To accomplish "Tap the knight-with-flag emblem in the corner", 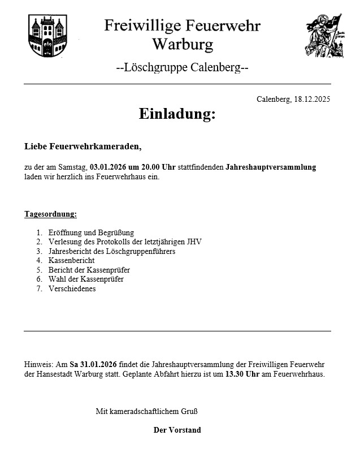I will point(323,35).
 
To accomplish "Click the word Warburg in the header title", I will point(183,44).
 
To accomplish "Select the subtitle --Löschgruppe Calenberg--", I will point(182,68).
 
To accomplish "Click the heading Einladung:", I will point(177,114).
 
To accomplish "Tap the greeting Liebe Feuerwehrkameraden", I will point(83,146).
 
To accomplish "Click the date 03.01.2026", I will point(107,167).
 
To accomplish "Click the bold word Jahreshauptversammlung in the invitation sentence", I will point(271,167).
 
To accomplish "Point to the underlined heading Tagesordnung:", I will point(50,214).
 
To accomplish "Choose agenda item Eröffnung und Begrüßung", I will point(91,232).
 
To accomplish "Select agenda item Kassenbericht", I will point(71,261).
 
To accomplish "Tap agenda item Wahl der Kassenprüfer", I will point(86,279).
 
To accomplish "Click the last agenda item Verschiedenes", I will point(72,288).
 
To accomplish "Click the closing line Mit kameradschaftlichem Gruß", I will point(146,411).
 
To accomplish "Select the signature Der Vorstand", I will point(177,430).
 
